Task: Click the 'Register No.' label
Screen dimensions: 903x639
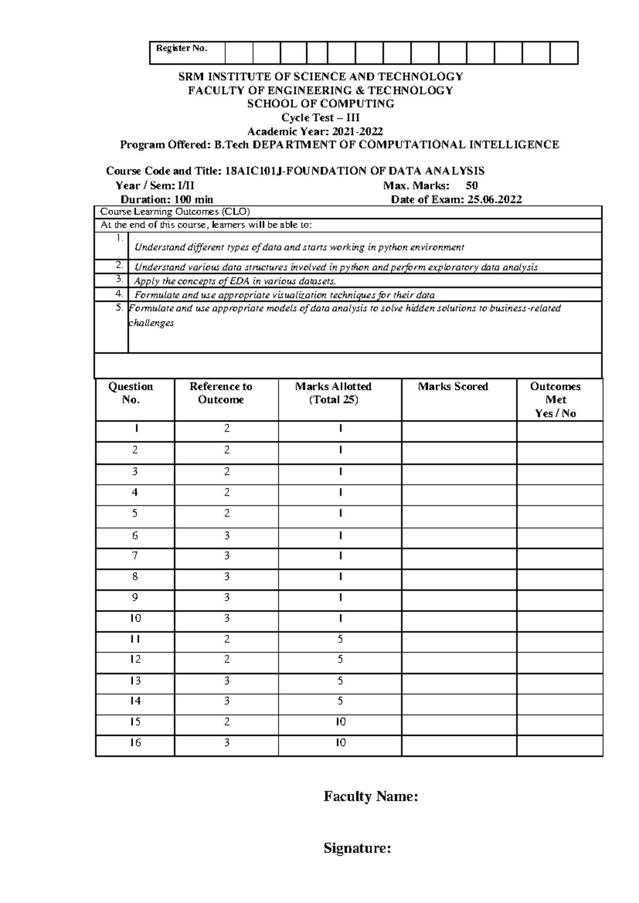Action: [181, 48]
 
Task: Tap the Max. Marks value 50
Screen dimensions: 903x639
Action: [471, 185]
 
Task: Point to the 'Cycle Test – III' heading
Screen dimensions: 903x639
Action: [321, 118]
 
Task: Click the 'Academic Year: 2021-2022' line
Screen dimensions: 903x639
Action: [315, 132]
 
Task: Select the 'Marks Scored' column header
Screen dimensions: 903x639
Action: [453, 387]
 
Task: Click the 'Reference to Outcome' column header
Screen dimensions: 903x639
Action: [220, 393]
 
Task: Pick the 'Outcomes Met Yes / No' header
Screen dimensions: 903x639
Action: [555, 400]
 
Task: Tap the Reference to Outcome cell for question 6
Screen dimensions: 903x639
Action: [227, 536]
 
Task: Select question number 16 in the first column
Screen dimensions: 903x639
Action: [135, 742]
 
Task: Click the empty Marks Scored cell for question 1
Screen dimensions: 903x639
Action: [458, 431]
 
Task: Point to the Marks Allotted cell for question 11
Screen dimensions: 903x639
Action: [340, 639]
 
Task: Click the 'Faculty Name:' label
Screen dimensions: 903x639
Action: [371, 797]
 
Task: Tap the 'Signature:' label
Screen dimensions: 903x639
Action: [357, 848]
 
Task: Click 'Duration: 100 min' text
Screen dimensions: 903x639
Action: [167, 200]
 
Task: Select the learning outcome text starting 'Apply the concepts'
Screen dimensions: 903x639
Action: [235, 281]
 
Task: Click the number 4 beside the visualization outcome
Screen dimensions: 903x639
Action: [119, 293]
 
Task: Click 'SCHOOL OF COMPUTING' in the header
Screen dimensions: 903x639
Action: [321, 104]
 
